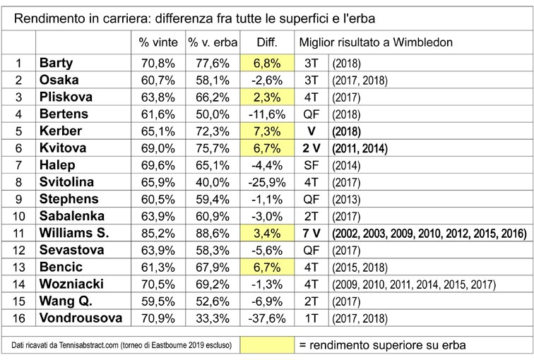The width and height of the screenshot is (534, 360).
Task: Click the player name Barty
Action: click(57, 63)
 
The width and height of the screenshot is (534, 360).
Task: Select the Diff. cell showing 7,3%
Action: click(266, 131)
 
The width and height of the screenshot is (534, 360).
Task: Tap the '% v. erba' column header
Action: click(213, 43)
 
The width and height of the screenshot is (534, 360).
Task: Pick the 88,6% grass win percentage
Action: click(213, 234)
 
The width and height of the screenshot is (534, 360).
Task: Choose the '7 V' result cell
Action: click(311, 234)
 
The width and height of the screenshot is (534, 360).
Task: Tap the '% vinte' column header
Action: click(159, 43)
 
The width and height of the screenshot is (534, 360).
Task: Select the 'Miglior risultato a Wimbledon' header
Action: click(376, 43)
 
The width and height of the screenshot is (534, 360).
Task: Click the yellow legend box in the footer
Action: click(266, 345)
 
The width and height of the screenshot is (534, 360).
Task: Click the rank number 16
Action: click(19, 319)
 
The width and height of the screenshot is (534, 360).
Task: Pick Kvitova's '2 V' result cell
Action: click(311, 148)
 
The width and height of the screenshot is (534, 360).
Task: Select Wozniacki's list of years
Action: click(413, 285)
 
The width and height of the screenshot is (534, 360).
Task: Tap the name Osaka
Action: click(59, 80)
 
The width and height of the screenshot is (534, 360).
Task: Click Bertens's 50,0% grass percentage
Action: click(213, 114)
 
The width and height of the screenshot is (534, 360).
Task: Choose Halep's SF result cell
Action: click(311, 165)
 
